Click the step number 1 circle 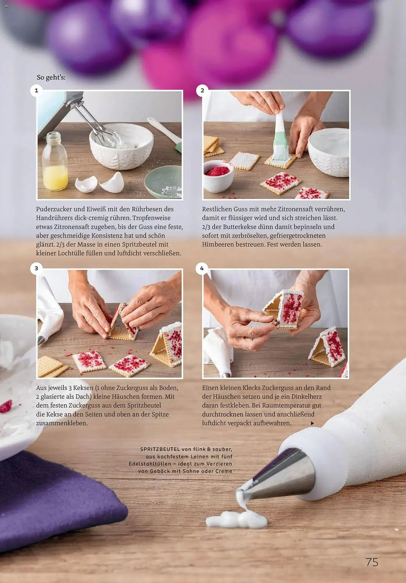(x=36, y=90)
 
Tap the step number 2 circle (x=202, y=90)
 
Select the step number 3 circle (x=36, y=268)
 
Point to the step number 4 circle (x=202, y=268)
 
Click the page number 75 (x=372, y=562)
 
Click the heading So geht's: (x=51, y=78)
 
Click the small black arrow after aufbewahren (x=312, y=423)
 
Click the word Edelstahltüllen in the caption (x=150, y=464)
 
